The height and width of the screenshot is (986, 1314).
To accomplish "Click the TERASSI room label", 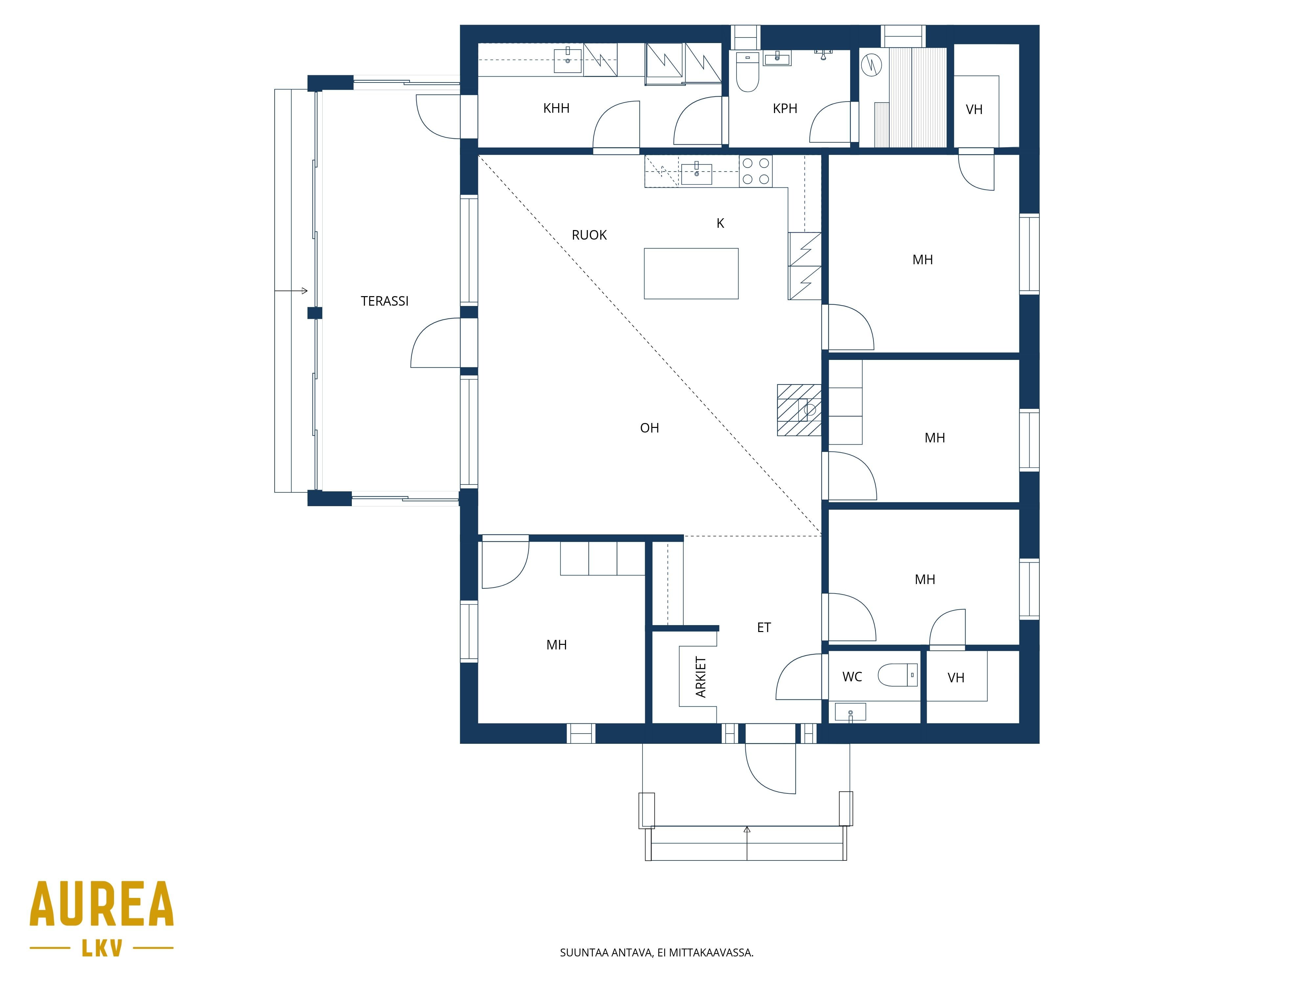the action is coord(384,301).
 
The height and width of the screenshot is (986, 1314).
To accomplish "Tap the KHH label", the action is coord(556,108).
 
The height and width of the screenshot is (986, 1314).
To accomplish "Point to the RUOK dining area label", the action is coord(589,235).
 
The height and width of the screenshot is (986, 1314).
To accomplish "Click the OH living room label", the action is coord(649,428).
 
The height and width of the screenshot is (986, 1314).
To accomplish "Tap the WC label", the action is coord(852,676).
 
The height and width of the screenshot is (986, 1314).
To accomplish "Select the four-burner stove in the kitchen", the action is coord(756,171).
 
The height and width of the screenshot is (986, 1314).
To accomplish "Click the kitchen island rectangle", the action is coord(691,273).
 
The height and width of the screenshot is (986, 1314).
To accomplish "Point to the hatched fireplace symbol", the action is coord(799,410).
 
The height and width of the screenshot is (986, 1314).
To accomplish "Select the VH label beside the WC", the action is coord(956,677).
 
